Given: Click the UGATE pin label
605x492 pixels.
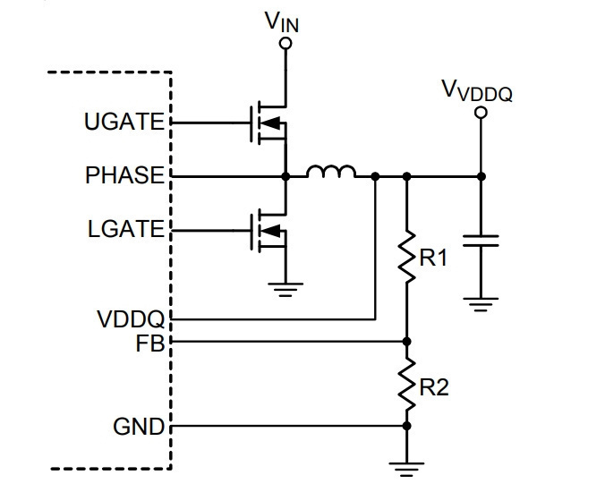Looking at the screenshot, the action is tap(124, 122).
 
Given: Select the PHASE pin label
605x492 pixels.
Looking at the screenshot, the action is tap(124, 175).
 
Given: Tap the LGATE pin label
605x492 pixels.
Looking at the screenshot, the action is tap(126, 229).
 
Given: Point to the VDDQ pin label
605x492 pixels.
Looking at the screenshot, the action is tap(131, 319).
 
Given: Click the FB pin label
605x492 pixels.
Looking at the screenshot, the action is tap(150, 344).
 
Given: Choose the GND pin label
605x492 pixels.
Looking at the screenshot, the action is tap(139, 427).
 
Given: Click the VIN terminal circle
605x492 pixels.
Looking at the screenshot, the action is tap(285, 44).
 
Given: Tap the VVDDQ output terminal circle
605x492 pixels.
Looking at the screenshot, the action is tap(481, 113).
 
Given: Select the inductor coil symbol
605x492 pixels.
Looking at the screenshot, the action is tap(331, 172).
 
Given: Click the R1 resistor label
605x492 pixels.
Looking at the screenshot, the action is tap(433, 258).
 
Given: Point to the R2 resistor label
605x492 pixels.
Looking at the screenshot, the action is tap(434, 387).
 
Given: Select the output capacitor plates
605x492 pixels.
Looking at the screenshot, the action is tap(481, 241).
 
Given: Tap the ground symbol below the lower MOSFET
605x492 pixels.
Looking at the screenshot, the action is tap(285, 290).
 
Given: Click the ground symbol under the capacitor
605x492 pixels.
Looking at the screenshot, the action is tap(481, 304).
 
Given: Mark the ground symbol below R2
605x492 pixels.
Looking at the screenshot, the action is tap(406, 470).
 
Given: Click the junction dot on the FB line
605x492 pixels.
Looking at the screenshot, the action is tap(406, 341).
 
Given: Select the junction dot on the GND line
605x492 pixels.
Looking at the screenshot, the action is tap(406, 426).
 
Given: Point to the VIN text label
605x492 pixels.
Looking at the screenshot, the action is tap(282, 22).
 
